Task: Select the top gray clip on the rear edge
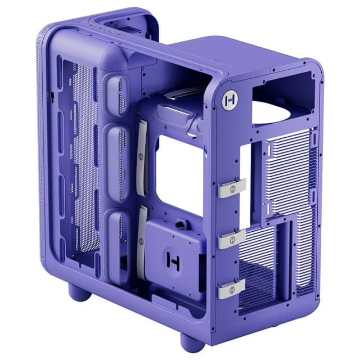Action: click(232, 187)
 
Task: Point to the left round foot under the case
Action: click(79, 291)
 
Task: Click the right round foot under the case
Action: click(192, 342)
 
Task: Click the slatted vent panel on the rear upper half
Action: click(290, 169)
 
